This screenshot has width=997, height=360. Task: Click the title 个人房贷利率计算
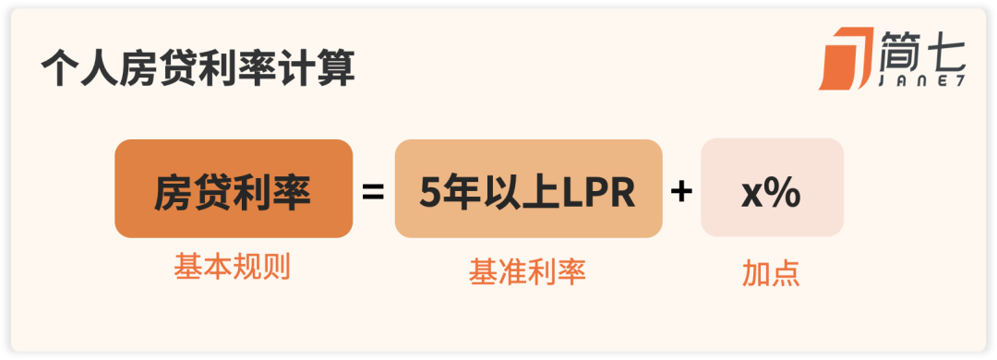point(198,67)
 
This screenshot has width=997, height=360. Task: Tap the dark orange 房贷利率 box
point(234,188)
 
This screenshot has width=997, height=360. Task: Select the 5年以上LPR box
point(528,188)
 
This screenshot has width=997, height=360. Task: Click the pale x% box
point(772,187)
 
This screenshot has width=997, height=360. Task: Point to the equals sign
point(373,192)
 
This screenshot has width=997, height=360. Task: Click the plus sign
point(681,192)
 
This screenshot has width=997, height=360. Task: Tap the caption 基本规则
point(232,268)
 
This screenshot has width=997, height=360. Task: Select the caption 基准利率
point(527,271)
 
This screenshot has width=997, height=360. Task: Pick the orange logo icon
point(846,58)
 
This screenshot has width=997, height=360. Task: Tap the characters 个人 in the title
point(79,67)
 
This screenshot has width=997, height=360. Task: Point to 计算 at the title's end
point(316,67)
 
